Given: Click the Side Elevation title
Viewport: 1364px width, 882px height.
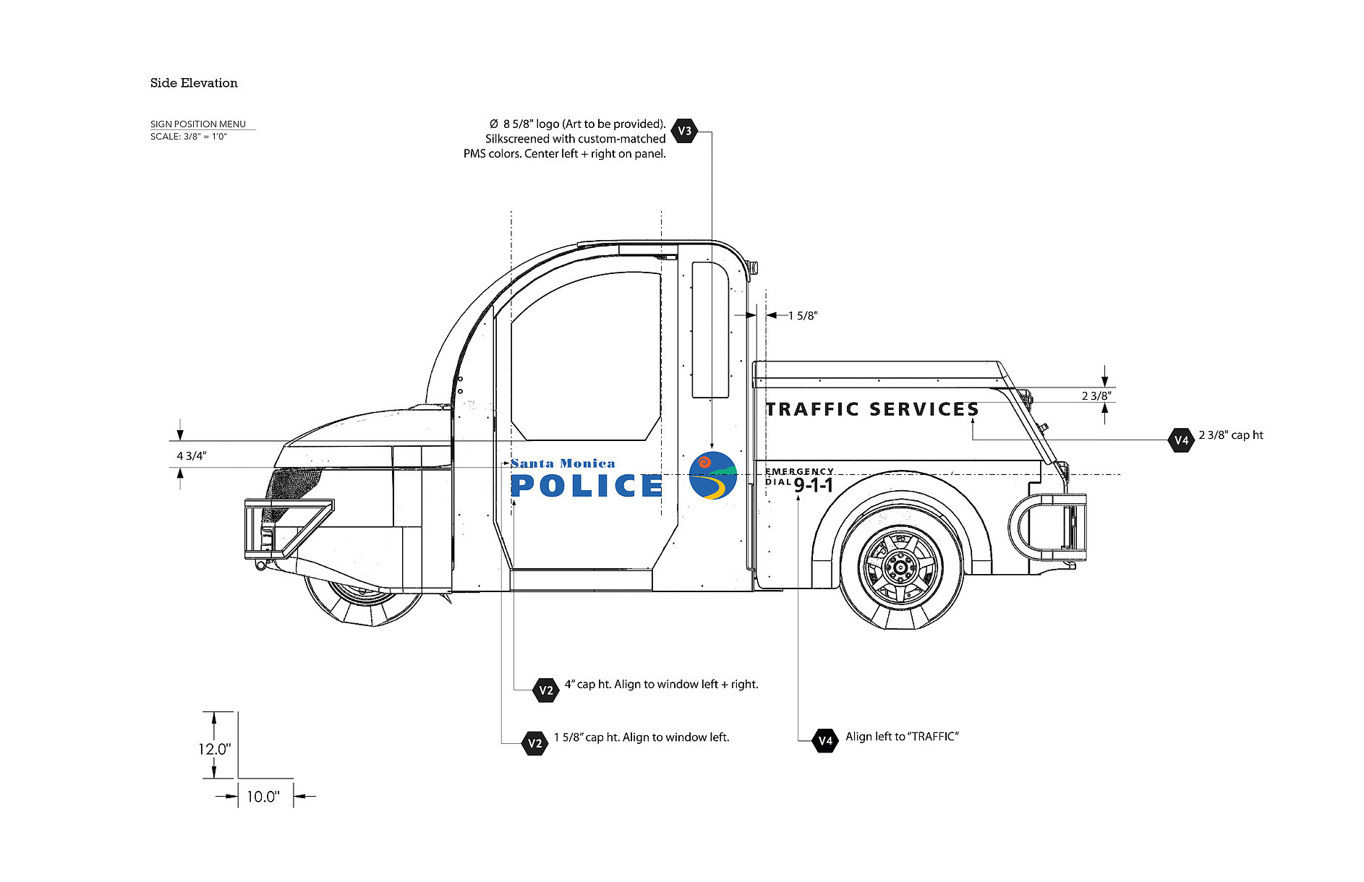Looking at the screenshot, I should tap(194, 83).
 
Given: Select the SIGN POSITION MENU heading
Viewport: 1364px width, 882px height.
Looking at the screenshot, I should tap(198, 124).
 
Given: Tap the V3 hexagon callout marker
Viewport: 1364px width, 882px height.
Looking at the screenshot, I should tap(684, 131).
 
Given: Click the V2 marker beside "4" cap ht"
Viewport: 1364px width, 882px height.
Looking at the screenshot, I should tap(546, 690).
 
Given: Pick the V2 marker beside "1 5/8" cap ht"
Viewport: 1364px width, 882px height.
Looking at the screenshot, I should tap(534, 743).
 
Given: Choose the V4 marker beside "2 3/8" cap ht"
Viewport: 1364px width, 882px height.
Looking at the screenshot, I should tap(1181, 440).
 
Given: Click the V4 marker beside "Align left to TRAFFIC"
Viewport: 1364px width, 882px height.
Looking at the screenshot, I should tap(825, 740).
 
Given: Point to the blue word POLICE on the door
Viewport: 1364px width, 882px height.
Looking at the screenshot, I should tap(587, 486).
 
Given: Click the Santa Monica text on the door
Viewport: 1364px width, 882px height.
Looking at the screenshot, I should tap(563, 463).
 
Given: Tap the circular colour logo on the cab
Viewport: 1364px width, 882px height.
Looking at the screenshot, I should tap(712, 476).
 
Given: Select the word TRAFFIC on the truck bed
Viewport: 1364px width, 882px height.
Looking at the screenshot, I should tap(813, 410).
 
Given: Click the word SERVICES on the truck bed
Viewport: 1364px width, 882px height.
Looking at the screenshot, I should tap(924, 410).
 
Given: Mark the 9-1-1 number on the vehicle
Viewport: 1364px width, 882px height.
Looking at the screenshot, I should tap(814, 485).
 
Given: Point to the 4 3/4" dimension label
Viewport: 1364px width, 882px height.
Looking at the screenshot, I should tap(192, 456).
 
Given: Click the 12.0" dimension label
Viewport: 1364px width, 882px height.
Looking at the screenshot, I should tap(215, 749).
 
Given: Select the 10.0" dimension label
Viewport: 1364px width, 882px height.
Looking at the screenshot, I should tap(263, 797).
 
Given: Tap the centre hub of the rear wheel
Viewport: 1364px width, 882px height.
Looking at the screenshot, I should tap(901, 568).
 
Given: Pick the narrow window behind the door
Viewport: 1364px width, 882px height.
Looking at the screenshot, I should tap(710, 330).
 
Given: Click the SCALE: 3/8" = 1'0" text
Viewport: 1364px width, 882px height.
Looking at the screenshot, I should tap(189, 137).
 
